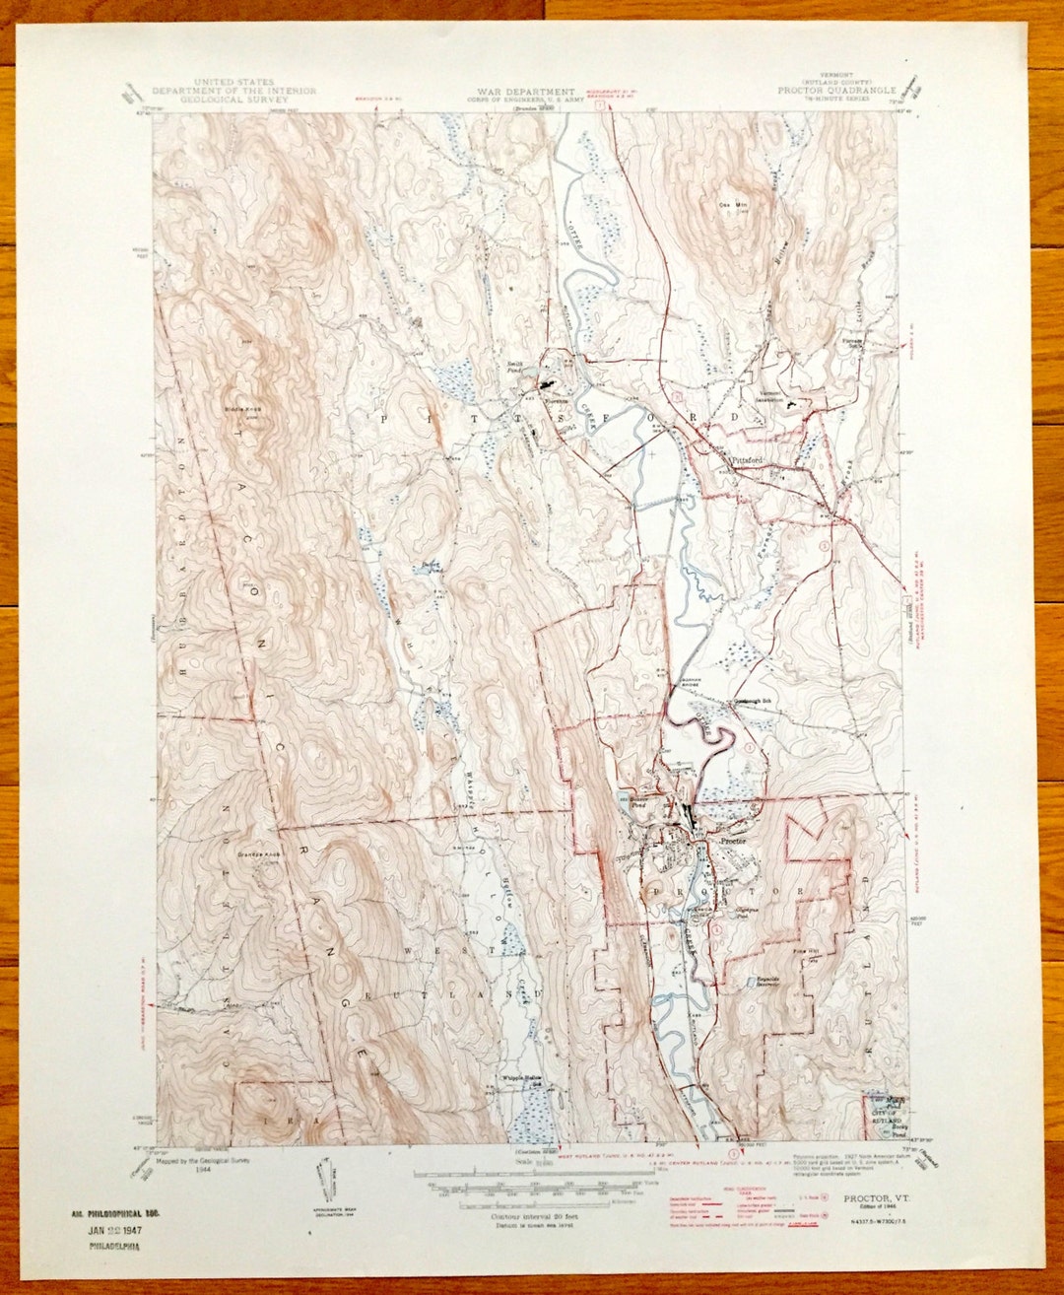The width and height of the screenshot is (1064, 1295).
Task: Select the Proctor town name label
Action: coord(734,842)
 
